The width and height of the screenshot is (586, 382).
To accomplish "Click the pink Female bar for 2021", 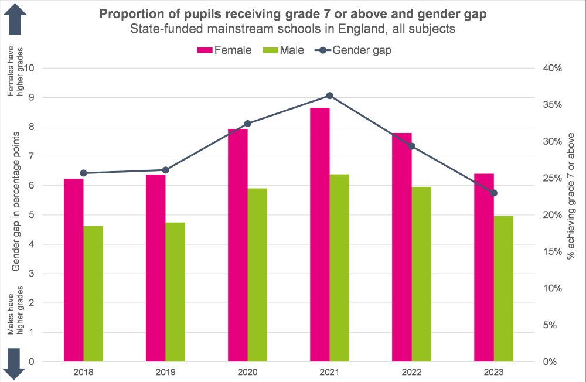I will pos(320,234).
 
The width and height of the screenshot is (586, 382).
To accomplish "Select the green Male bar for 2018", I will pos(93,294).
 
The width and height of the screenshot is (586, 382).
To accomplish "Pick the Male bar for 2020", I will pos(257,275).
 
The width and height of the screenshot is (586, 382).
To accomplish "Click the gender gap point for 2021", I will pos(329,95).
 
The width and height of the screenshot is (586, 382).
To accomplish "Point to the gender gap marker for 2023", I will pos(494,193).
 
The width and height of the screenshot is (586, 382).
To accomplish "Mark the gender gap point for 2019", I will pos(165,170).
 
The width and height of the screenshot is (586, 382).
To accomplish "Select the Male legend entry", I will pos(285,50).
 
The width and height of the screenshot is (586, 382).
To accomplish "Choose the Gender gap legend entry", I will pos(353,50).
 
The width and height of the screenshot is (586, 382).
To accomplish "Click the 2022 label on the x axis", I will pos(411,371).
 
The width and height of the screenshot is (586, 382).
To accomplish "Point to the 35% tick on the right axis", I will pos(552,105).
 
